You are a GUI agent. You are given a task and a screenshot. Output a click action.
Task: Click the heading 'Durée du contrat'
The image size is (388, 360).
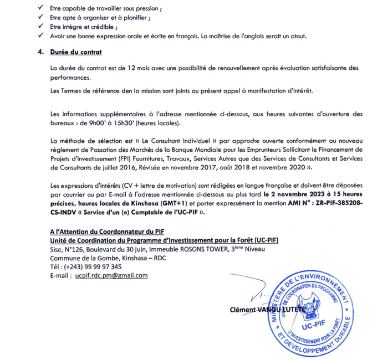coord(75,52)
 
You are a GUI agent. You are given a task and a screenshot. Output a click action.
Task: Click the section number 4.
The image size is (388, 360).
coord(40,52)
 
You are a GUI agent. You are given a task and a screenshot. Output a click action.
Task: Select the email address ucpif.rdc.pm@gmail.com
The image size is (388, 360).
coord(111,275)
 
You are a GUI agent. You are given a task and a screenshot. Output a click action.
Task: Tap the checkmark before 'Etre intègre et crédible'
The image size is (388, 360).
coord(39,27)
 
